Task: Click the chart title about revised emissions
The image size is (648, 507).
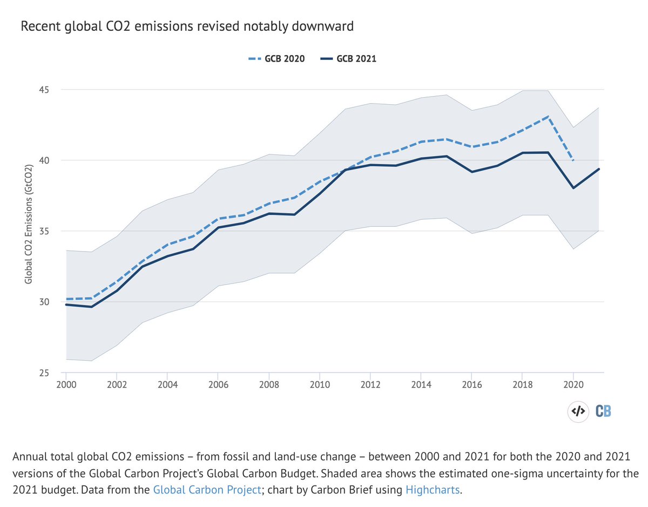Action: (187, 26)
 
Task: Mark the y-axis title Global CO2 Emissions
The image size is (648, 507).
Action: (28, 231)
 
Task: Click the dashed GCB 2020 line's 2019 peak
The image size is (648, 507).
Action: (548, 116)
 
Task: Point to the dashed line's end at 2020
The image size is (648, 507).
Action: (572, 160)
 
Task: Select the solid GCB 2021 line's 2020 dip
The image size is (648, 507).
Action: (573, 188)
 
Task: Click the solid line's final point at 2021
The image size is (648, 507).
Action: (599, 169)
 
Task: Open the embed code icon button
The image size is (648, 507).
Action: (578, 411)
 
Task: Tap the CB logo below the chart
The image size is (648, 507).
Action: (604, 411)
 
